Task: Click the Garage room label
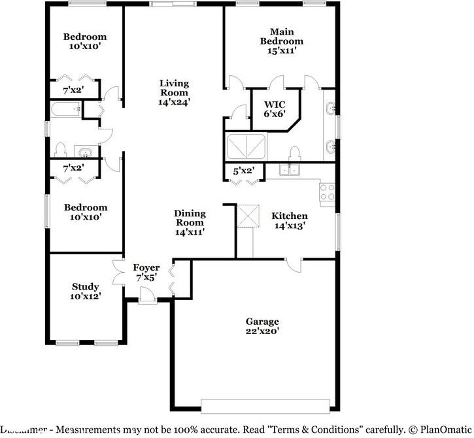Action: pyautogui.click(x=262, y=322)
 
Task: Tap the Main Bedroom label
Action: pyautogui.click(x=282, y=36)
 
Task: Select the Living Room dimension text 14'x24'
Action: pyautogui.click(x=175, y=101)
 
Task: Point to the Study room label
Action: pyautogui.click(x=86, y=286)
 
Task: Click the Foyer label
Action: pyautogui.click(x=146, y=267)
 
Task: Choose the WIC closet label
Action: pyautogui.click(x=274, y=105)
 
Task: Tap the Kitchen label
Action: pyautogui.click(x=290, y=216)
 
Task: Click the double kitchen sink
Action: pyautogui.click(x=288, y=170)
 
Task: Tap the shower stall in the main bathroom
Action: pyautogui.click(x=246, y=145)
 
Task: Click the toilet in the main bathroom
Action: pyautogui.click(x=295, y=154)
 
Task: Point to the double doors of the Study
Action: pyautogui.click(x=118, y=272)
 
